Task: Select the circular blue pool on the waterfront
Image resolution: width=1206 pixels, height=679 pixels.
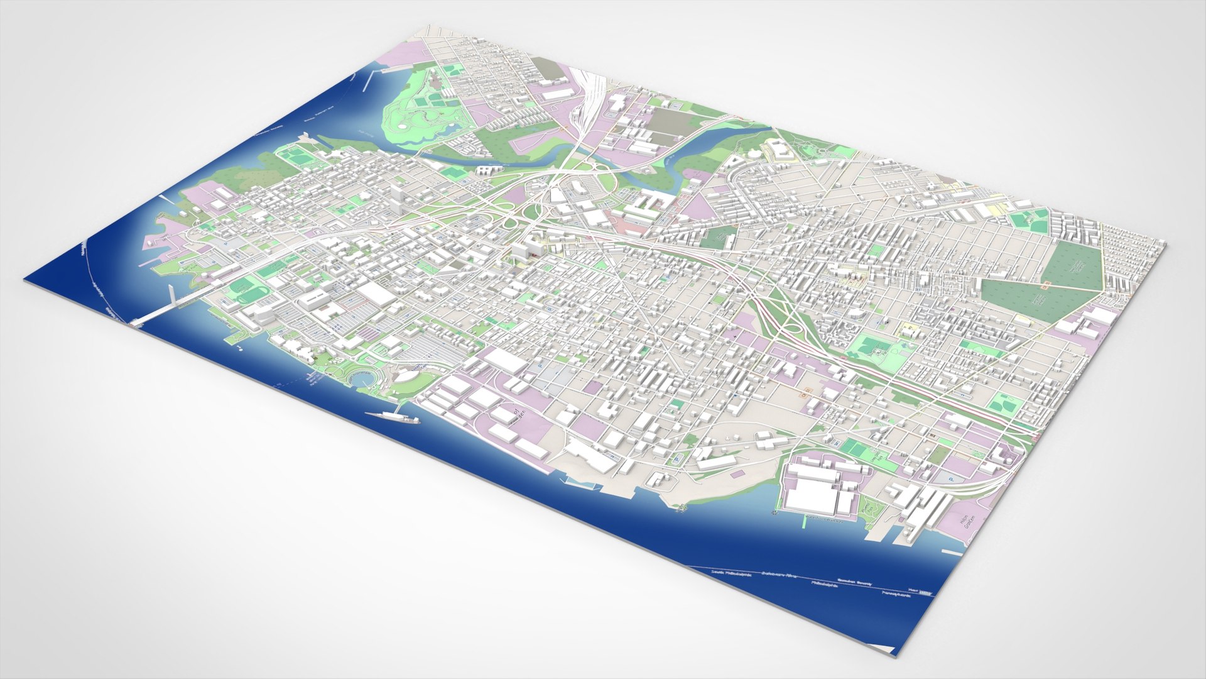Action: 361,380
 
